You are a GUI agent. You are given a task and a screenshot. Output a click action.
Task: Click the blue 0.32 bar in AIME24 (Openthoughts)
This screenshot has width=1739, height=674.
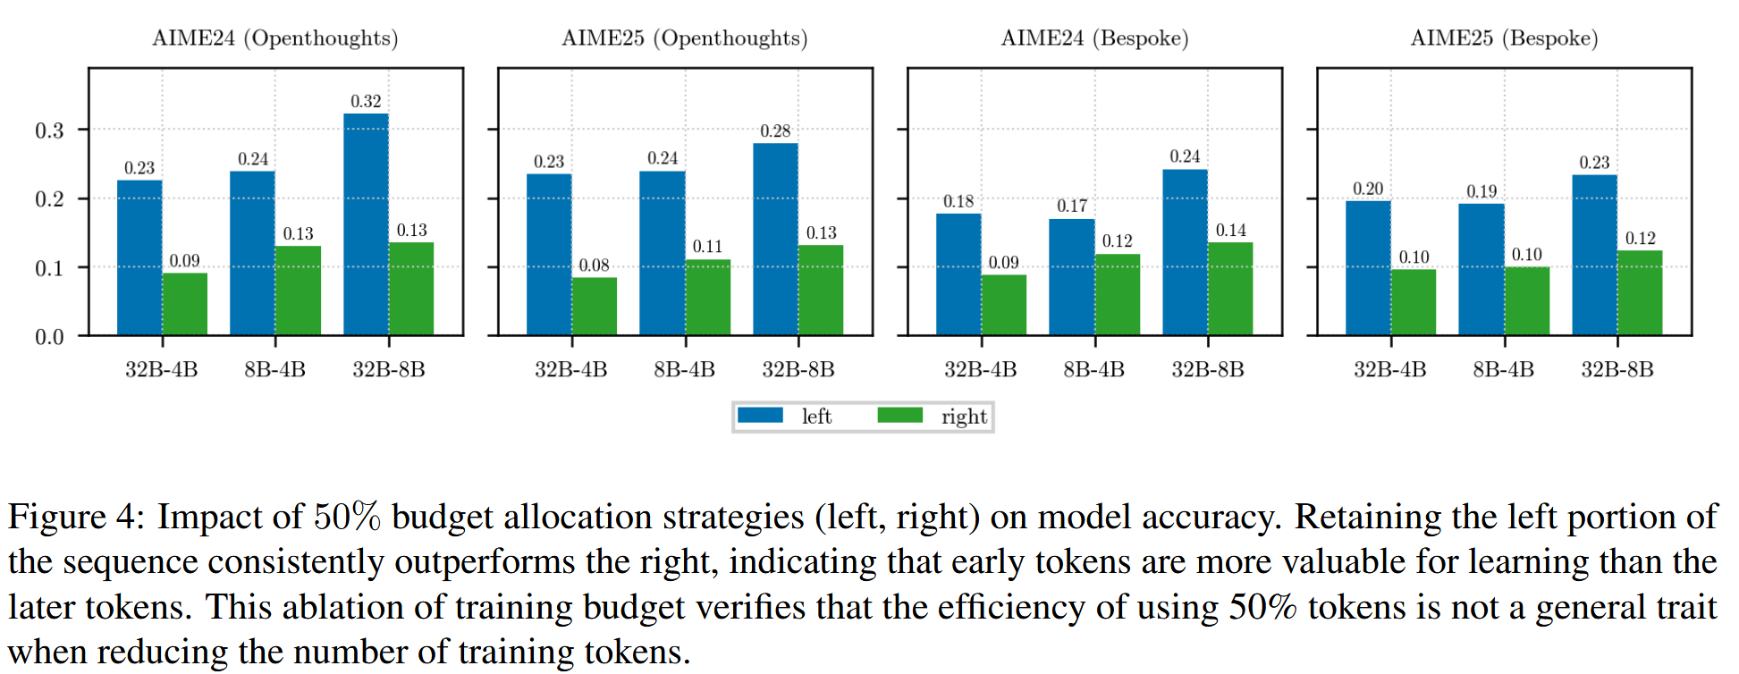coord(366,223)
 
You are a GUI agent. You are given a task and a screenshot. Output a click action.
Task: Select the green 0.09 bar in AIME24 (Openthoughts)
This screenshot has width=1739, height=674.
coord(184,304)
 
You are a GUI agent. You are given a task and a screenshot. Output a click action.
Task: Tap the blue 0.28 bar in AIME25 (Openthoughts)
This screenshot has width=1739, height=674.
coord(775,239)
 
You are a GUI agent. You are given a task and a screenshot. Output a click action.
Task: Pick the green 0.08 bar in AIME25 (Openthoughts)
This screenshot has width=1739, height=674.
coord(594,306)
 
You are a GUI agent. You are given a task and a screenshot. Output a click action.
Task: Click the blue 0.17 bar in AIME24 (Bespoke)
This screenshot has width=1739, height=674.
coord(1071,276)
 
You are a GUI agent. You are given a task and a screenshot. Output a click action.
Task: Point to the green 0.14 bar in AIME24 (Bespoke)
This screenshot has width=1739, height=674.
coord(1230,288)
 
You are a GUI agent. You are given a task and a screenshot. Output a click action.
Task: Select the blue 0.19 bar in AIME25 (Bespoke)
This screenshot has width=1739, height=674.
coord(1481,269)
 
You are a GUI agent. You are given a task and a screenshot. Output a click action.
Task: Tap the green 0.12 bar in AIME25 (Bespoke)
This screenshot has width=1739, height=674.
coord(1640,292)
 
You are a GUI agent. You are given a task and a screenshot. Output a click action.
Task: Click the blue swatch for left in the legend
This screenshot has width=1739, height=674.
coord(760,416)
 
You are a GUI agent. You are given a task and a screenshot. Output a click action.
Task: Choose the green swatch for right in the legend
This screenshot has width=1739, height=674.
coord(899,416)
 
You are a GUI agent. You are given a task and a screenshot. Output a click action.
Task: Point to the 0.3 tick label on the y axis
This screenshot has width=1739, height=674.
coord(49,131)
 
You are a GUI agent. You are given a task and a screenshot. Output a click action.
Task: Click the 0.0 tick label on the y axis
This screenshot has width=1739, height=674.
coord(49,337)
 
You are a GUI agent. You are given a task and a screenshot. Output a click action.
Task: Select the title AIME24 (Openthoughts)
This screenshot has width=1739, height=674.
coord(274,38)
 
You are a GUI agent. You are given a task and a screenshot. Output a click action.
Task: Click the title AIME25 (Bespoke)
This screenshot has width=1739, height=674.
coord(1504,38)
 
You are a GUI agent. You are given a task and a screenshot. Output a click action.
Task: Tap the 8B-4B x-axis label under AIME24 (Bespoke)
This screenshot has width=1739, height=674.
coord(1093,369)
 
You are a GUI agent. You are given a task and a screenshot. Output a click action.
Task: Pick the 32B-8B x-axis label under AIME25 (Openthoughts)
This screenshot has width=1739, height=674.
coord(798,369)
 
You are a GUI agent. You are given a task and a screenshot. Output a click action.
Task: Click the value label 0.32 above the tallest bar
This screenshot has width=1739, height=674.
coord(366,101)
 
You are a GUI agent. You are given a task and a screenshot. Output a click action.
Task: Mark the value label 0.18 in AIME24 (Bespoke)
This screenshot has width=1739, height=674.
coord(958,201)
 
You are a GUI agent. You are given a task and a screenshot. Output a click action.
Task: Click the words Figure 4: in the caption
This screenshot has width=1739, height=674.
coord(75,517)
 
